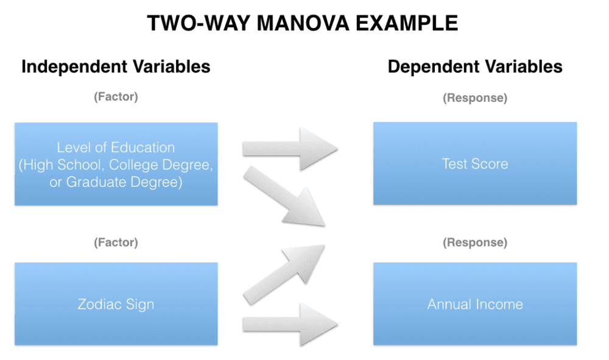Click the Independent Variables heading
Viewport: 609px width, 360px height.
(x=116, y=66)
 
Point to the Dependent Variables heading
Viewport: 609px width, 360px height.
(x=475, y=66)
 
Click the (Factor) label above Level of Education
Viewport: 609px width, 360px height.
(x=116, y=97)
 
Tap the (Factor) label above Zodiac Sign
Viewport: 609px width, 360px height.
(x=116, y=242)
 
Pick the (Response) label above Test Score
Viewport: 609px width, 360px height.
(x=475, y=97)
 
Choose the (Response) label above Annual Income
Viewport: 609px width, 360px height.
(x=475, y=242)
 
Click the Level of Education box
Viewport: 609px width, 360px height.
(x=116, y=164)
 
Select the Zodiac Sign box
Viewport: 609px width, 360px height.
(x=116, y=304)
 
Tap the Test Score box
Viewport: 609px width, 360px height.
(x=475, y=163)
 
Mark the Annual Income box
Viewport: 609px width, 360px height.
(x=475, y=304)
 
